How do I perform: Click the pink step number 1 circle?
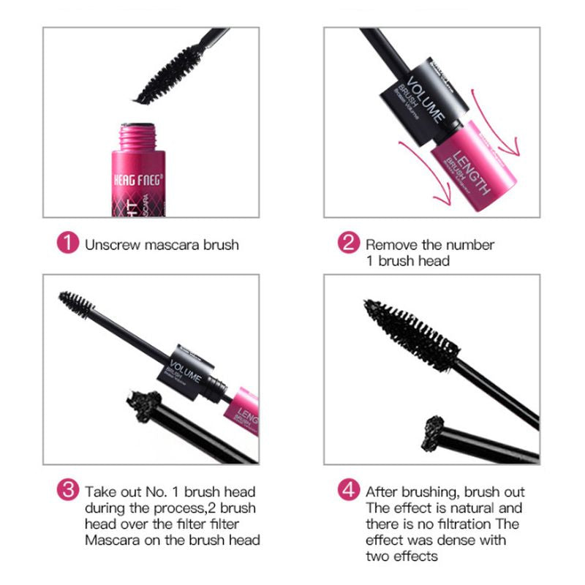pos(67,244)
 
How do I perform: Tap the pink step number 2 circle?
pos(349,244)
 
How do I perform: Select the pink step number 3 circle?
pos(67,491)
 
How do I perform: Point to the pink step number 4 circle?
pos(349,491)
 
